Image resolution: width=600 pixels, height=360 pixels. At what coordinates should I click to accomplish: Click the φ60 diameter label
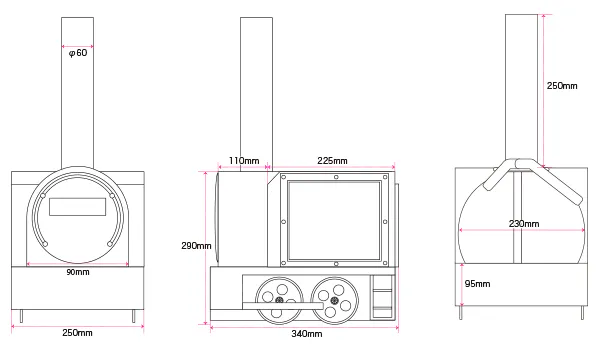coord(78,53)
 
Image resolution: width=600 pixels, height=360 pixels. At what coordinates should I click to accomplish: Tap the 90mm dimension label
coord(78,272)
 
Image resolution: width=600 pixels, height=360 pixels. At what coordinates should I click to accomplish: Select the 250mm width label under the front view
coord(77,332)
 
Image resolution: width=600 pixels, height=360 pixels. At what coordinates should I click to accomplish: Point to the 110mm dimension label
coord(244,161)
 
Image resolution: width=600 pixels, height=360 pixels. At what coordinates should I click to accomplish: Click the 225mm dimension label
coord(332,161)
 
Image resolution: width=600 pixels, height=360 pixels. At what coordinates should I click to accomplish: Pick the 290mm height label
coord(196,246)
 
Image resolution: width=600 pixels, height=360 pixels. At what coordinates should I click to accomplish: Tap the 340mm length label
coord(307,334)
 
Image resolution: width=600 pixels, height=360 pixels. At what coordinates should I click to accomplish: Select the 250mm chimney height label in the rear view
coord(562,86)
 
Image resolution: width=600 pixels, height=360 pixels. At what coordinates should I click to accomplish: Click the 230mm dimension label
coord(524,223)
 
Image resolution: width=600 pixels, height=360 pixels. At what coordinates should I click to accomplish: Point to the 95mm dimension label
coord(477,283)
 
